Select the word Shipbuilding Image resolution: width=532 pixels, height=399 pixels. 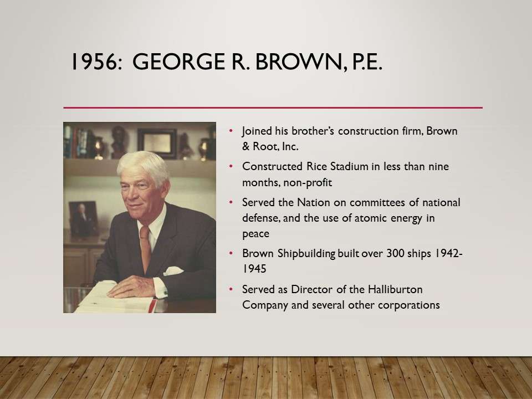pos(306,254)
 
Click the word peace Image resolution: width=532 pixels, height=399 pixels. pos(256,234)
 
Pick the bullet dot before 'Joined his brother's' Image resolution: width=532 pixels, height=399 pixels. pos(231,131)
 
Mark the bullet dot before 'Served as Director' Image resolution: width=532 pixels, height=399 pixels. pos(231,289)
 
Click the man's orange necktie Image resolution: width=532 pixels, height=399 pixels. pos(145,247)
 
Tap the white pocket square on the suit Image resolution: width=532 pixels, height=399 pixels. pos(173,271)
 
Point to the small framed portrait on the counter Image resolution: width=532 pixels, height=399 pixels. pos(84,219)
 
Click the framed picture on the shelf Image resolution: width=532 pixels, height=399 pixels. pos(157,143)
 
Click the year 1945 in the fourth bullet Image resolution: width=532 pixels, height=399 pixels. pos(254,269)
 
